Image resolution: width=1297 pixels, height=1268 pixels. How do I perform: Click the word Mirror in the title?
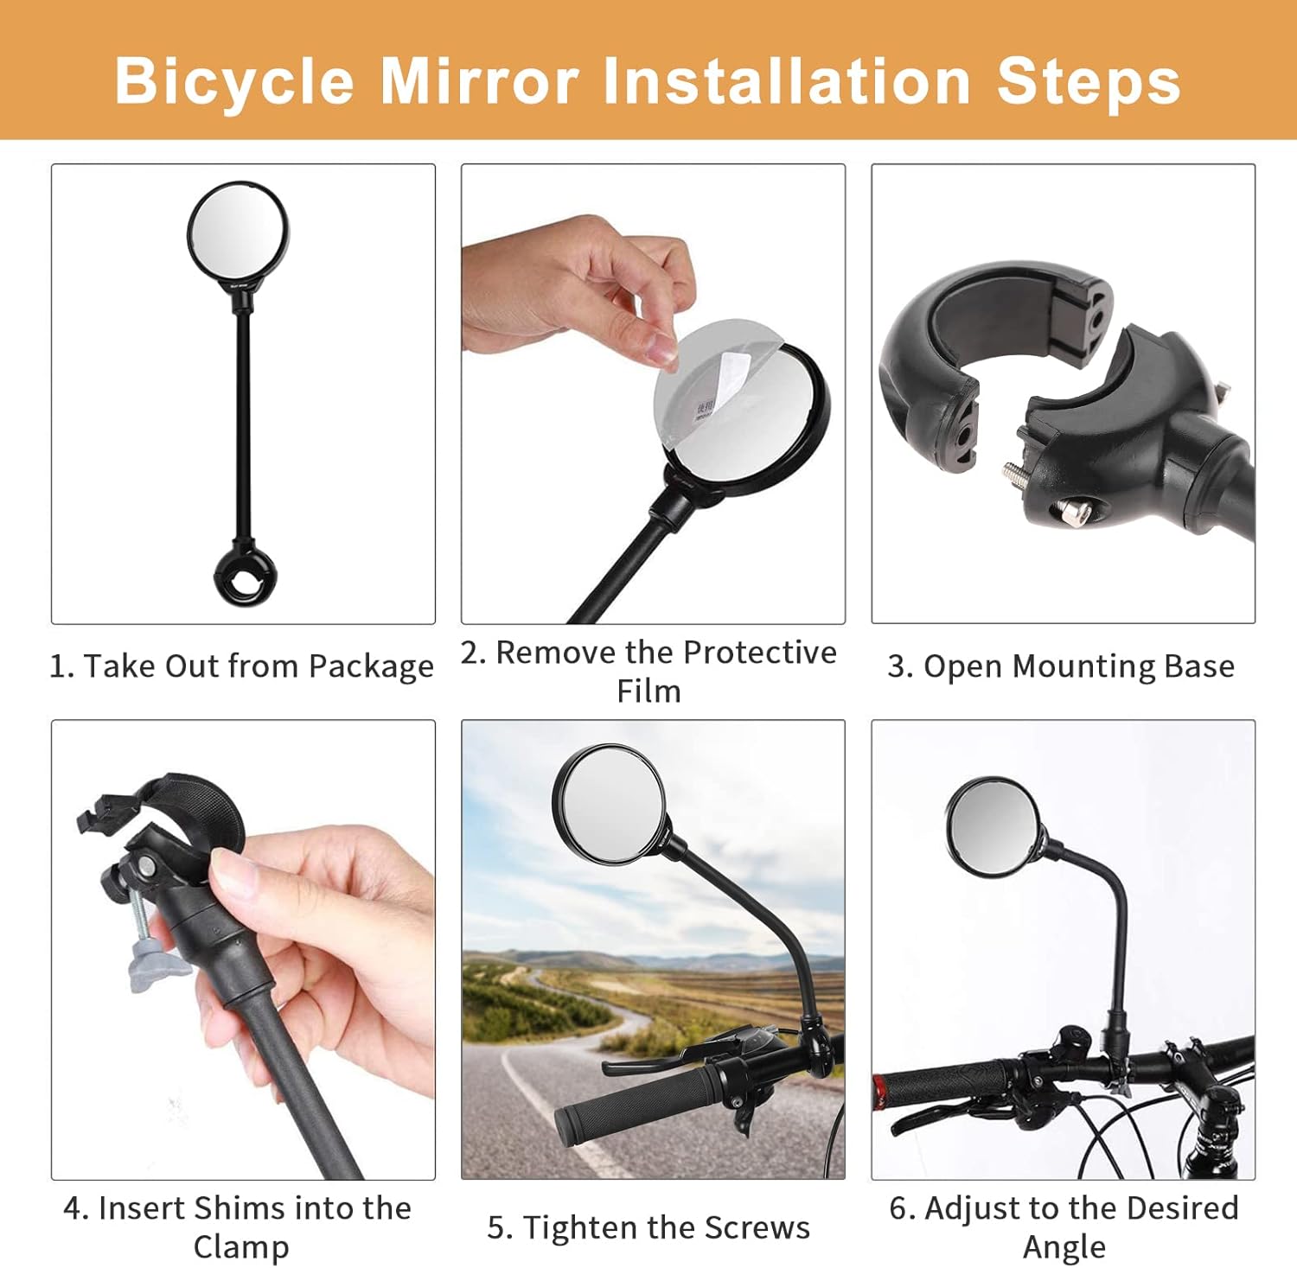[480, 81]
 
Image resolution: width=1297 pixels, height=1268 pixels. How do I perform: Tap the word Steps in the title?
[1089, 83]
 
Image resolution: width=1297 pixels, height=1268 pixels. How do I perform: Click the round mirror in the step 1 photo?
[238, 233]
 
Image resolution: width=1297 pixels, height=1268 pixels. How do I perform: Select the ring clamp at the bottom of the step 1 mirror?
[246, 574]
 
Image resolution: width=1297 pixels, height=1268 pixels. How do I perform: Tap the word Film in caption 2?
[648, 691]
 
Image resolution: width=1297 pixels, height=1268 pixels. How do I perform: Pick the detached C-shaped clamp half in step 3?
[994, 363]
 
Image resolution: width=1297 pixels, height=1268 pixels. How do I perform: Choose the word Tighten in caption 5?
[581, 1228]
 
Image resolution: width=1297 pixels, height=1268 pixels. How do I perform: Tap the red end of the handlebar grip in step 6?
[879, 1093]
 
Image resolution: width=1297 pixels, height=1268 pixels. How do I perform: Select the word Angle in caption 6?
[1064, 1248]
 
